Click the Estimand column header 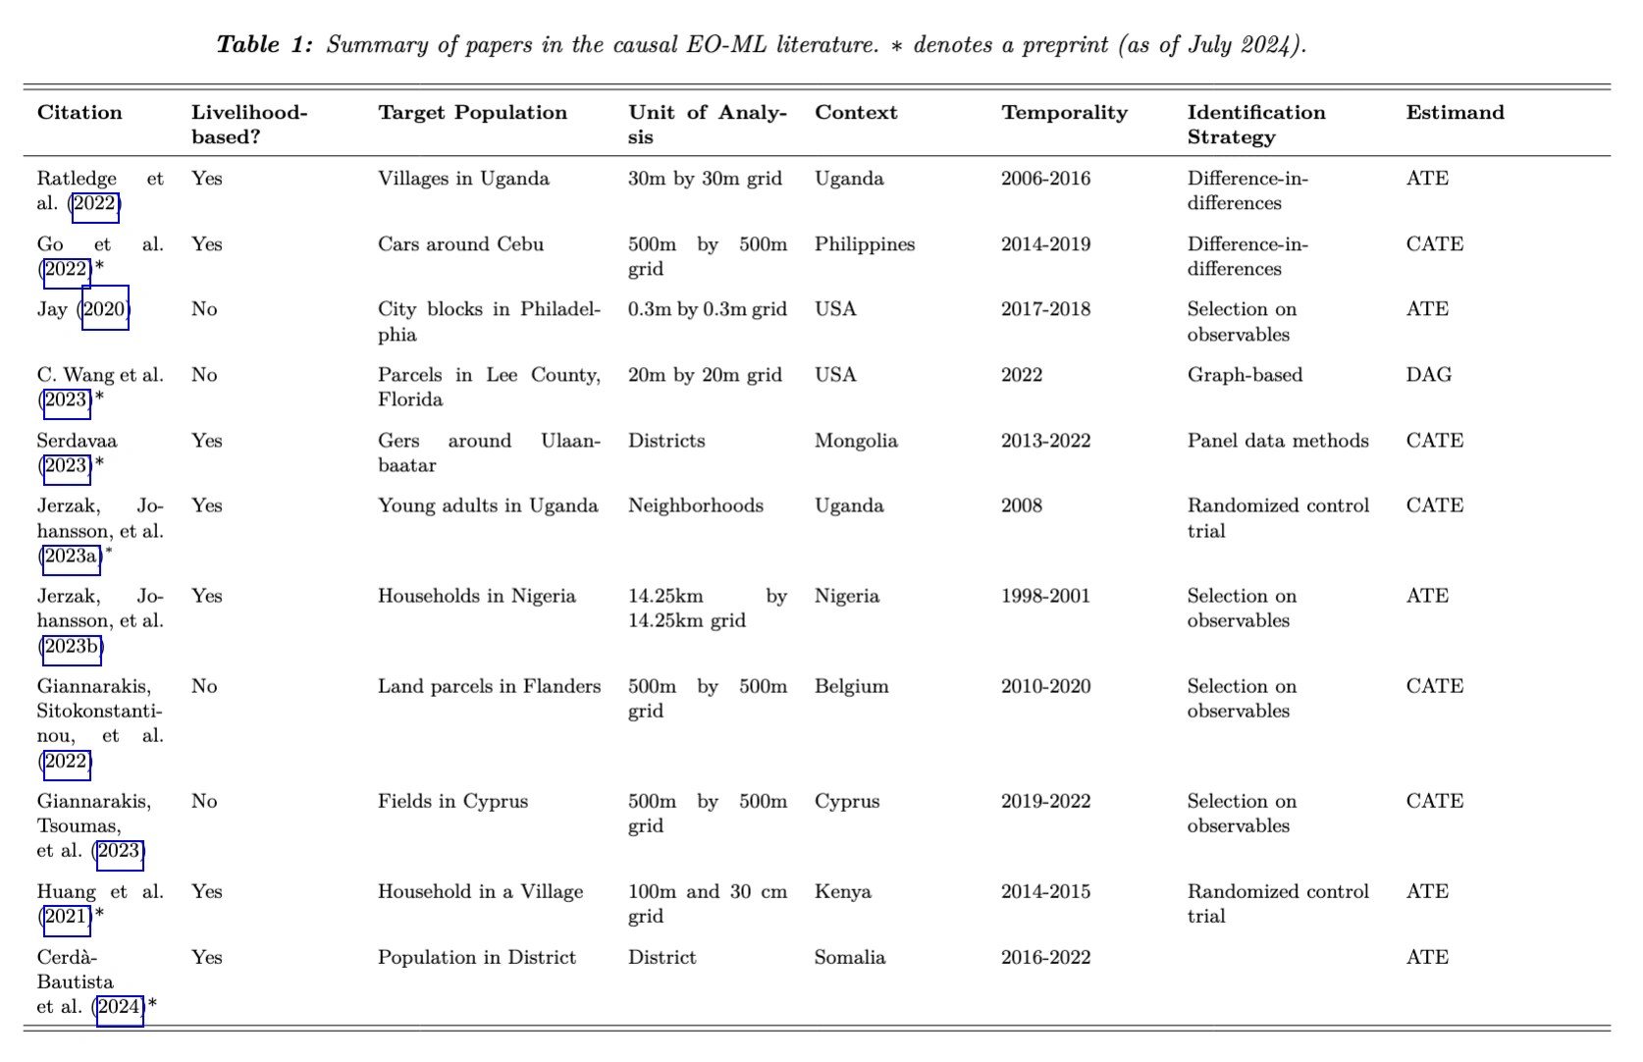[1455, 113]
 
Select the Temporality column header [1064, 113]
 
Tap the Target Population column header [472, 113]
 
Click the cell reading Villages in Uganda [463, 179]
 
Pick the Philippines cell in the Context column [864, 244]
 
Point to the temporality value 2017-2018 [1045, 309]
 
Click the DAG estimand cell [1428, 375]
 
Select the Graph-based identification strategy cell [1245, 375]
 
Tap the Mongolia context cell [856, 441]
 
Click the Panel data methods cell [1277, 441]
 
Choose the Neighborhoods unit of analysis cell [695, 505]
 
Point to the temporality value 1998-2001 [1045, 596]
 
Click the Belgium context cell [851, 686]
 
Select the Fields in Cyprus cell [452, 801]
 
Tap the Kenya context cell [843, 891]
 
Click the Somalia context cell [849, 957]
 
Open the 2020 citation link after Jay [104, 310]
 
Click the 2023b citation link [72, 646]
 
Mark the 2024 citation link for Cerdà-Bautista [119, 1007]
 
